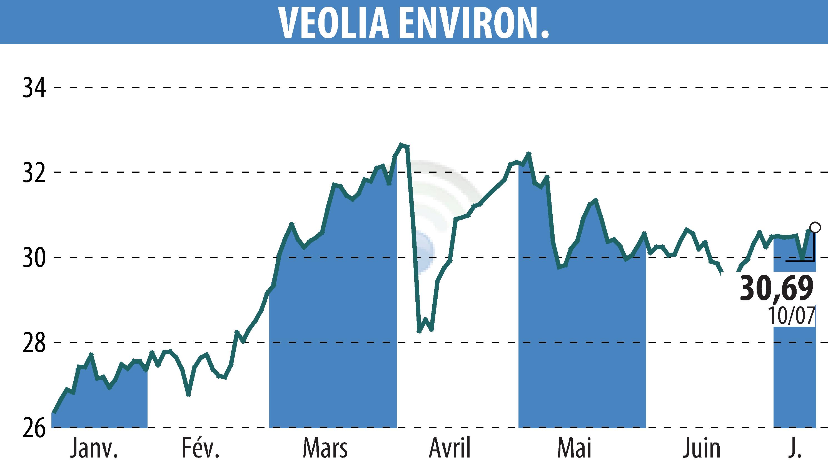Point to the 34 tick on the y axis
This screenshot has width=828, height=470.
[34, 87]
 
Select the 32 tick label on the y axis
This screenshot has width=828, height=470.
[34, 173]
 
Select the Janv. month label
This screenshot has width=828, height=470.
[94, 449]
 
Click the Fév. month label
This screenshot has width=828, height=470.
[201, 449]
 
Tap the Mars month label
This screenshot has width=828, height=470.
[325, 449]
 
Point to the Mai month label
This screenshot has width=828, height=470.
[574, 449]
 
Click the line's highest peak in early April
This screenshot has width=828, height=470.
[401, 145]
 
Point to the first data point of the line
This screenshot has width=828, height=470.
[54, 413]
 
